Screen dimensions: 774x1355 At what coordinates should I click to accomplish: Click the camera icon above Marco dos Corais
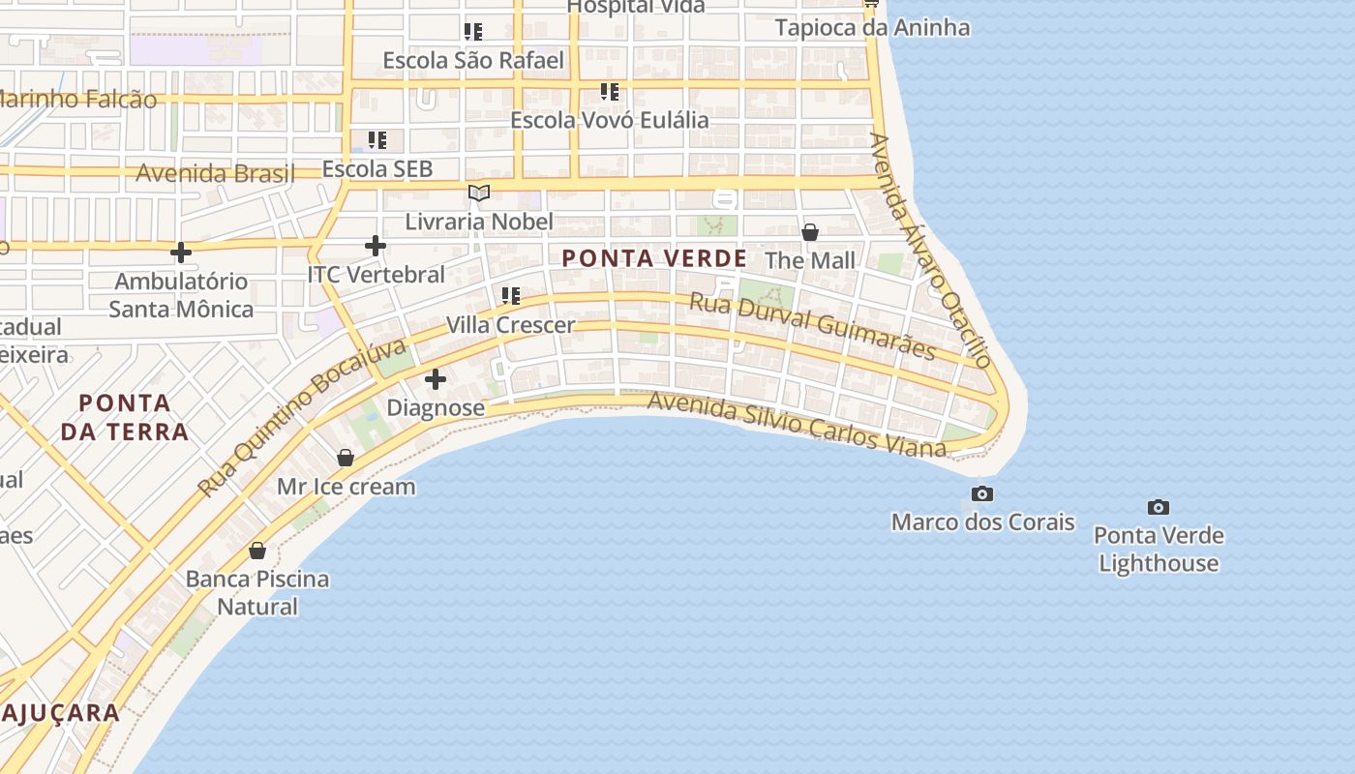click(x=982, y=494)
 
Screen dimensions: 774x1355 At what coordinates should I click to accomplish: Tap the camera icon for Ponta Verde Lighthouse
click(x=1158, y=507)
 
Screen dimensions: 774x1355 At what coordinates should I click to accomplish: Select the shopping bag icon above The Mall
click(x=810, y=232)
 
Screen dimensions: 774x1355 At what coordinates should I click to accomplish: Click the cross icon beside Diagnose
click(x=436, y=379)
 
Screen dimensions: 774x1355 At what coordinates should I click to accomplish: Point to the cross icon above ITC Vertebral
click(x=376, y=246)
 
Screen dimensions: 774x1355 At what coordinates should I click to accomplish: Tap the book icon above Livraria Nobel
click(x=479, y=193)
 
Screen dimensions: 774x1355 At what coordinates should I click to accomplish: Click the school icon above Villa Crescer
click(x=511, y=295)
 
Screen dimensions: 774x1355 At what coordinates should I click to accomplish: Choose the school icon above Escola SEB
click(x=377, y=140)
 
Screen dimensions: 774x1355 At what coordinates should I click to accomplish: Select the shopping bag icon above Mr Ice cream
click(x=346, y=458)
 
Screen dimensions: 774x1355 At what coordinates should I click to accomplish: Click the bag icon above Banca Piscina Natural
click(x=257, y=551)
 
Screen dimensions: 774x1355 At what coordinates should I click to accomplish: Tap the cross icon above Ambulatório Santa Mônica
click(x=180, y=253)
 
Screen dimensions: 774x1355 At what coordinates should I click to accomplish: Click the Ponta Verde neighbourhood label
click(x=654, y=258)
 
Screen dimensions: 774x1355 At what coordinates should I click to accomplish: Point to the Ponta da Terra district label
click(x=125, y=417)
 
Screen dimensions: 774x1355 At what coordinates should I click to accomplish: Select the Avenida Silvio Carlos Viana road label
click(x=796, y=424)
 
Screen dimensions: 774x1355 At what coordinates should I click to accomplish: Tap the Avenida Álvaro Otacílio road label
click(x=930, y=251)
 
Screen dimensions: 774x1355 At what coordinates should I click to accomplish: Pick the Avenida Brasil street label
click(x=215, y=174)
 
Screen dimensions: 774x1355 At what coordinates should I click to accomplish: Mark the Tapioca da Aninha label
click(x=872, y=27)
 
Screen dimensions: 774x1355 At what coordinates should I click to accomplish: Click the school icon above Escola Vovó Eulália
click(x=610, y=92)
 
